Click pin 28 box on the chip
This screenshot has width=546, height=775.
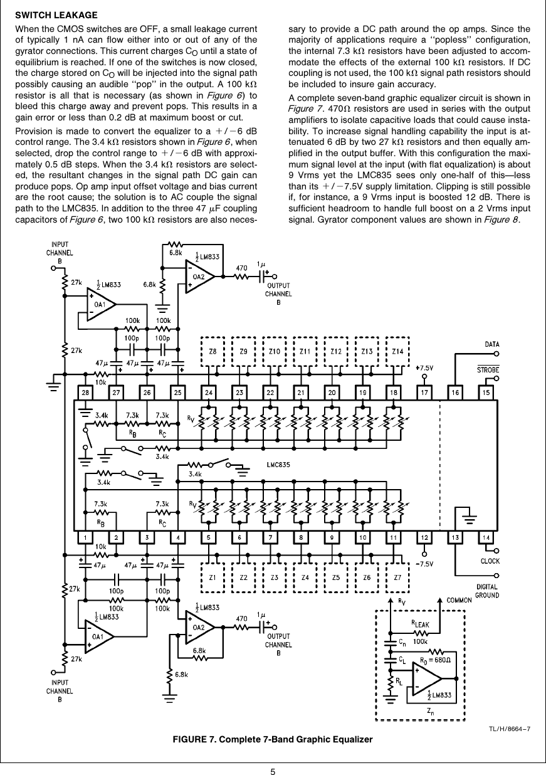pyautogui.click(x=85, y=392)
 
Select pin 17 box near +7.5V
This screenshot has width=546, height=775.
pyautogui.click(x=424, y=392)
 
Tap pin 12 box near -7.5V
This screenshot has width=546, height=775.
pyautogui.click(x=424, y=537)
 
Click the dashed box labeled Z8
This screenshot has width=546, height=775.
pyautogui.click(x=213, y=352)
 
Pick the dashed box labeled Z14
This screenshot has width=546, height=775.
pyautogui.click(x=397, y=352)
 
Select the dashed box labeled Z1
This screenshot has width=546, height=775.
pyautogui.click(x=213, y=577)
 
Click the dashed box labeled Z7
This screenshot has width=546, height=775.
pyautogui.click(x=397, y=577)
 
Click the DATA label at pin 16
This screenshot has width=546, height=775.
pyautogui.click(x=493, y=344)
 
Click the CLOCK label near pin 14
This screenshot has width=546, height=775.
pyautogui.click(x=490, y=561)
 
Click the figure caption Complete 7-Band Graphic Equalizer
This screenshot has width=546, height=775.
pyautogui.click(x=273, y=740)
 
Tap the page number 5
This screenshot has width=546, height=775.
pyautogui.click(x=273, y=767)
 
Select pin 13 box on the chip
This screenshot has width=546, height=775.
pyautogui.click(x=456, y=537)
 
